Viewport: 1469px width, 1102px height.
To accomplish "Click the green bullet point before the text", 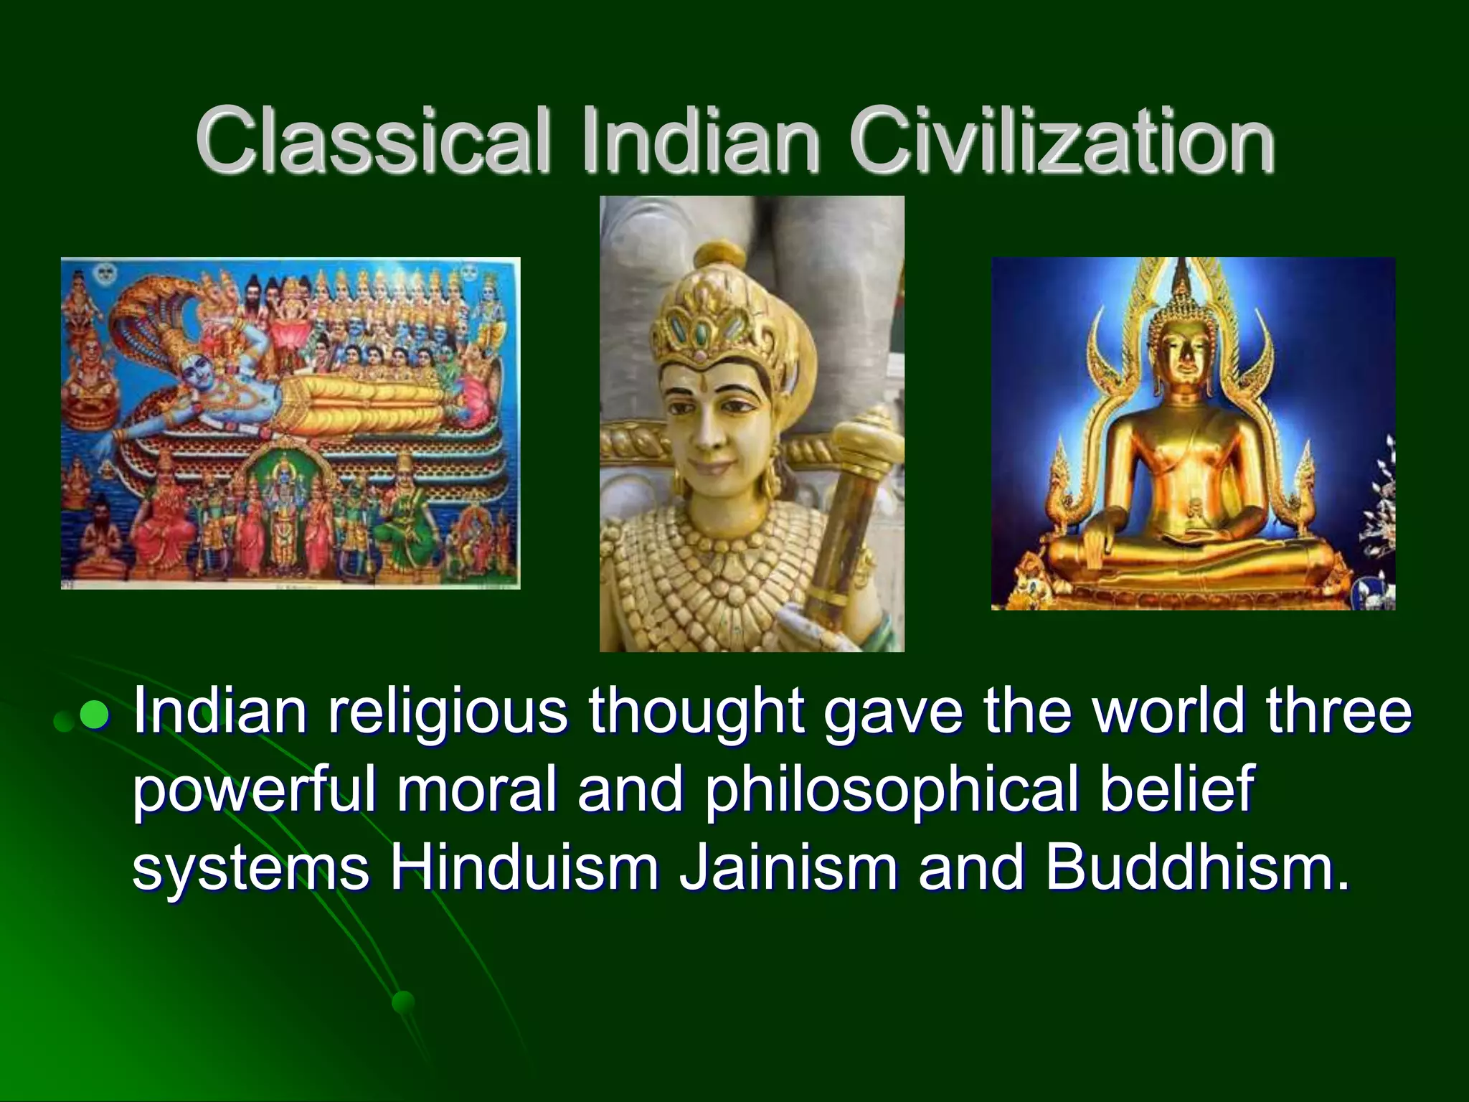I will point(93,715).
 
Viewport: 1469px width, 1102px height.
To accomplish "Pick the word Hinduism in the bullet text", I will point(524,868).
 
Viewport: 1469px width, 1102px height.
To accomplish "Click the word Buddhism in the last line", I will point(1196,868).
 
